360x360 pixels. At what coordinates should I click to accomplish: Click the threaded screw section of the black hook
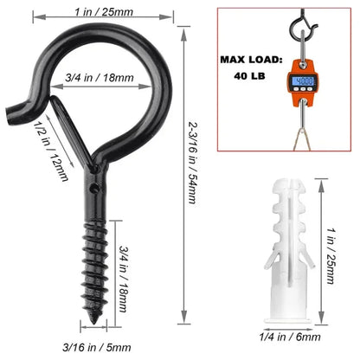coord(93,260)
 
